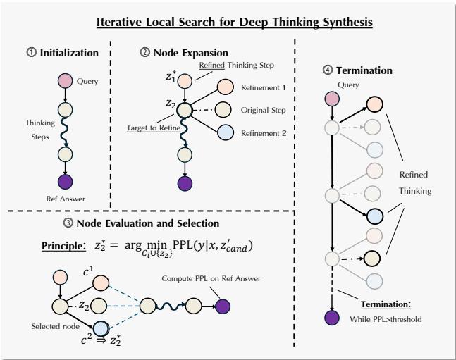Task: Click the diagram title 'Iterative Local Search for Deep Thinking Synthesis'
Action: tap(228, 21)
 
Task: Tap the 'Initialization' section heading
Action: tap(62, 52)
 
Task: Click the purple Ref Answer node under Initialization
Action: tap(66, 182)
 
